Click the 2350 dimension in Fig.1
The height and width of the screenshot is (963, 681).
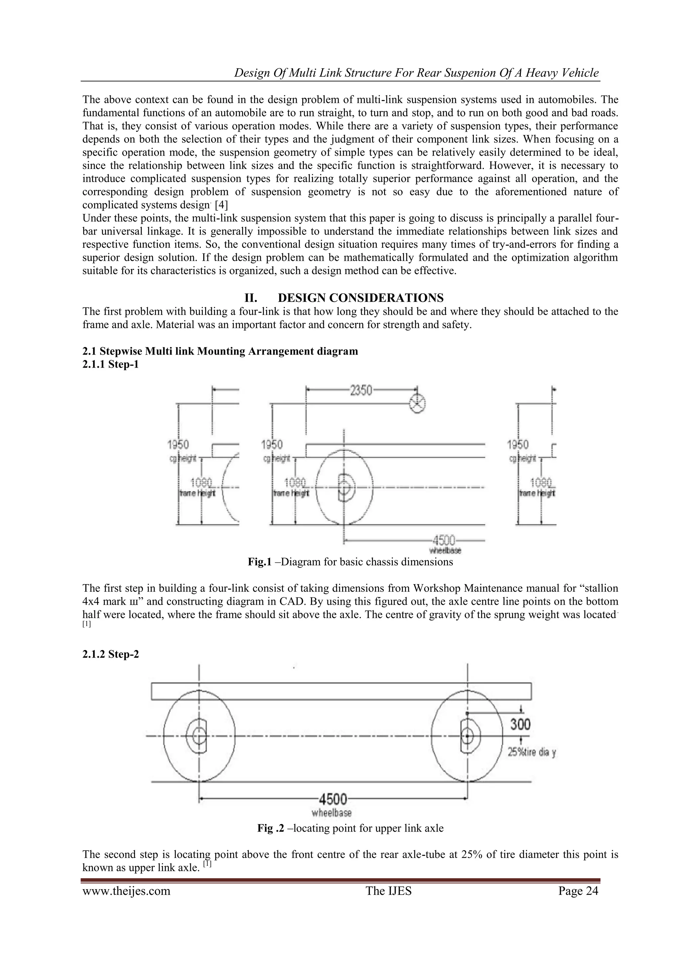click(x=361, y=391)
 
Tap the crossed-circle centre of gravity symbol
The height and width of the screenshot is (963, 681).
click(x=417, y=404)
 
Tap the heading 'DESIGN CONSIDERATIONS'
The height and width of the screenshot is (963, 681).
click(x=361, y=298)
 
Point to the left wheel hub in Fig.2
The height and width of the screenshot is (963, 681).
click(x=199, y=735)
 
